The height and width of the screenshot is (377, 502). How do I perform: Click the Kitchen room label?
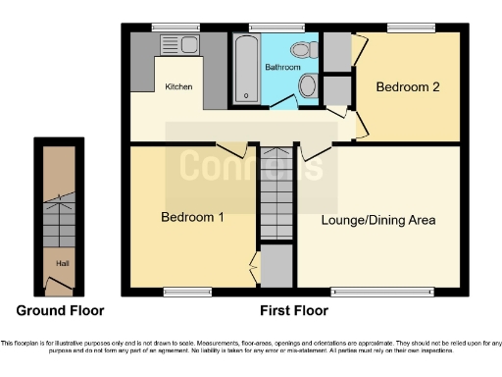pos(178,87)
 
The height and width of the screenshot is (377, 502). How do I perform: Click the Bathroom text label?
pos(283,67)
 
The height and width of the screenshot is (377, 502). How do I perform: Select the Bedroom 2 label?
pos(407,86)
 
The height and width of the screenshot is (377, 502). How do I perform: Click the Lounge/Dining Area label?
pos(378,220)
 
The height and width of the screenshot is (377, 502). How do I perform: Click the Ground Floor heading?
pos(62,310)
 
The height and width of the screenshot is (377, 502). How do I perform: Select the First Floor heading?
pos(293,310)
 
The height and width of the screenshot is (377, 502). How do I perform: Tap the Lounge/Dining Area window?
pos(380,291)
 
